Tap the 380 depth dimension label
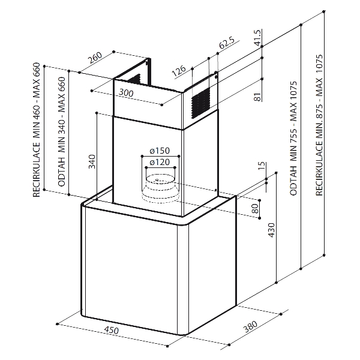[x=250, y=329]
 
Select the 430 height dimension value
[x=271, y=231]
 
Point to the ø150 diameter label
[x=158, y=150]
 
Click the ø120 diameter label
[x=158, y=162]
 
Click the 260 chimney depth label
[x=95, y=59]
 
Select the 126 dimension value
[x=178, y=73]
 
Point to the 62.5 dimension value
[x=226, y=43]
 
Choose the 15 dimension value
[x=262, y=167]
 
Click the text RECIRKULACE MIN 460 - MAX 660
[x=37, y=129]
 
